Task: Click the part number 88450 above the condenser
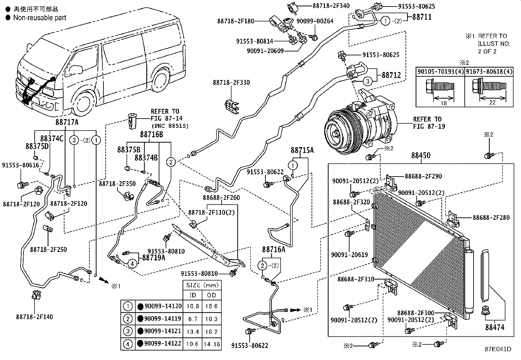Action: click(421, 155)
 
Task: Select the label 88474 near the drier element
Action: click(494, 327)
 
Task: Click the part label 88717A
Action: click(67, 122)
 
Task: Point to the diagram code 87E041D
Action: click(498, 349)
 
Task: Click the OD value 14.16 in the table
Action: click(212, 344)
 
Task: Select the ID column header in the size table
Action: click(193, 295)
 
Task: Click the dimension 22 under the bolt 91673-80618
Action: click(492, 103)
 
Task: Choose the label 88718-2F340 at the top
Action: click(326, 6)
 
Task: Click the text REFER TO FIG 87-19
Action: click(429, 123)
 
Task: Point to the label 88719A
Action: click(153, 258)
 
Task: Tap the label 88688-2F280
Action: click(491, 218)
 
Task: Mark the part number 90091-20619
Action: click(349, 255)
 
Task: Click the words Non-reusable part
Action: click(40, 18)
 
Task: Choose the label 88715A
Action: click(302, 150)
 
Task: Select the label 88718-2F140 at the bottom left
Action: click(34, 317)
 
